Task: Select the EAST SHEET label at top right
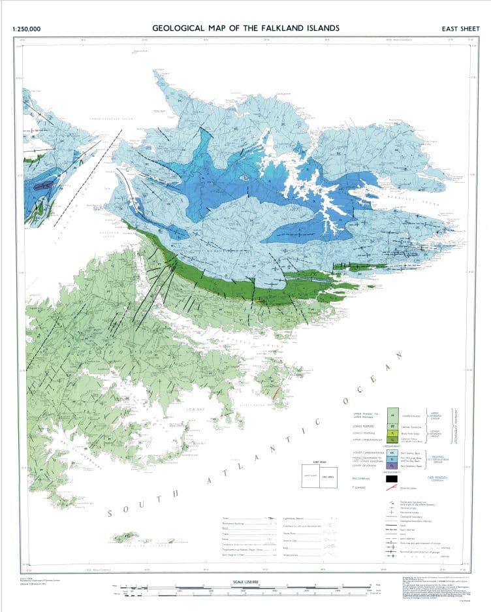460,29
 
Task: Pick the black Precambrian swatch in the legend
393,478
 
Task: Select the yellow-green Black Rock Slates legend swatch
393,432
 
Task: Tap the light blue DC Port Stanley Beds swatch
393,452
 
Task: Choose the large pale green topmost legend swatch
393,414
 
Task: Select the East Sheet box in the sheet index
328,475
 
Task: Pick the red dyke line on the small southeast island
276,392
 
